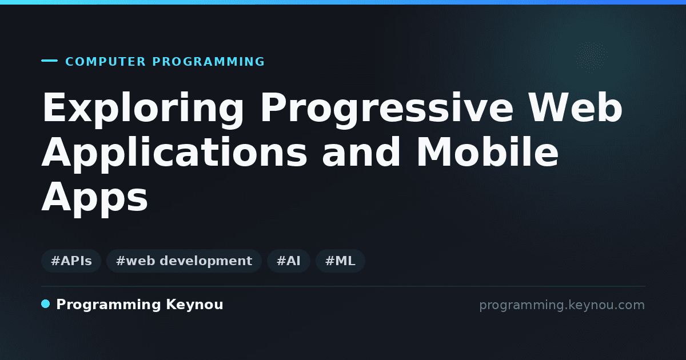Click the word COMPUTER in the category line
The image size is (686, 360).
coord(105,62)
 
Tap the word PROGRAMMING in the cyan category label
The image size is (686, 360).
coord(208,62)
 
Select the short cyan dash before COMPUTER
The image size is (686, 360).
coord(49,61)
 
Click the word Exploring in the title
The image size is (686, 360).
coord(143,109)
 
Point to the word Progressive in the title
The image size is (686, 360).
coord(387,109)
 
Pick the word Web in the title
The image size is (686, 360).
coord(576,107)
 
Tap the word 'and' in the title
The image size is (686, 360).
coord(361,152)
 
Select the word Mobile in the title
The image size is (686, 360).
coord(487,152)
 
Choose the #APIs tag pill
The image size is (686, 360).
coord(71,261)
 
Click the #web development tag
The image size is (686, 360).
coord(184,261)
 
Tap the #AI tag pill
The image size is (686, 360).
coord(289,261)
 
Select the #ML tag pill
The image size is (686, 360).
coord(340,261)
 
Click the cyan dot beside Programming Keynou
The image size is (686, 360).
coord(46,304)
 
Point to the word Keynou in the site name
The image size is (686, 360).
coord(194,305)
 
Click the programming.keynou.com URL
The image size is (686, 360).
coord(562,305)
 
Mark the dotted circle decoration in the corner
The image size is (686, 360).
coord(592,57)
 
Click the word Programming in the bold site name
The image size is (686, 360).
coord(109,305)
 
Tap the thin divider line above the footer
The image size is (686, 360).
coord(344,286)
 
